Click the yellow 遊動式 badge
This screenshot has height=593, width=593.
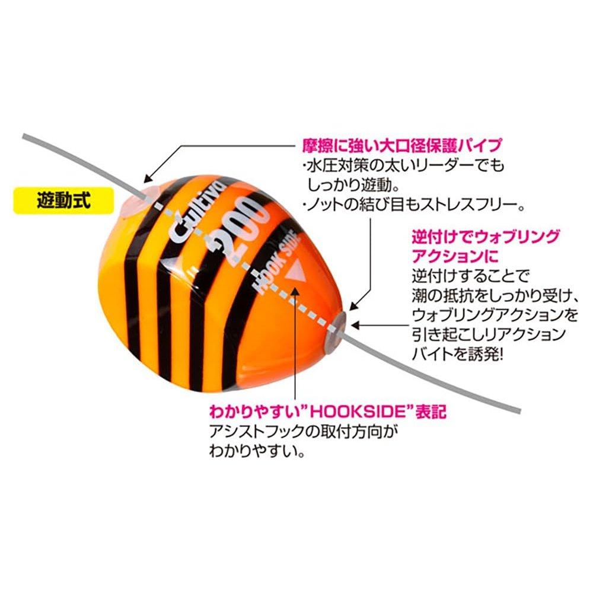pyautogui.click(x=63, y=200)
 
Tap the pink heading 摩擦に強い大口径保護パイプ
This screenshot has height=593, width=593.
pyautogui.click(x=402, y=145)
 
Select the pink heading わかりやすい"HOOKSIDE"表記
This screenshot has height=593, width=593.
pyautogui.click(x=328, y=412)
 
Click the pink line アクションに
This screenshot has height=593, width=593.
pyautogui.click(x=455, y=256)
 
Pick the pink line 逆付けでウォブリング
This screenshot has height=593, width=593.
pyautogui.click(x=486, y=237)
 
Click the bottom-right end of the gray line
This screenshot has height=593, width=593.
pyautogui.click(x=521, y=411)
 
